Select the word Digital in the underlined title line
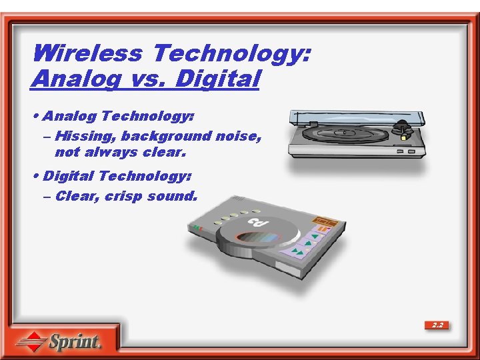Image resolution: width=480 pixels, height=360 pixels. (x=217, y=79)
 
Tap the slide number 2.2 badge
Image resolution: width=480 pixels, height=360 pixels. (x=437, y=325)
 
